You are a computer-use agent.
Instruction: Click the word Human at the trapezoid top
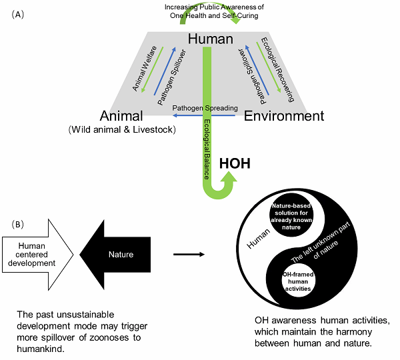click(x=211, y=39)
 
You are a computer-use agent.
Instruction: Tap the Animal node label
click(x=123, y=116)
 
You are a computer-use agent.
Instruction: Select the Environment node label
click(x=284, y=116)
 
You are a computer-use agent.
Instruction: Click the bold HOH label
click(x=235, y=163)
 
